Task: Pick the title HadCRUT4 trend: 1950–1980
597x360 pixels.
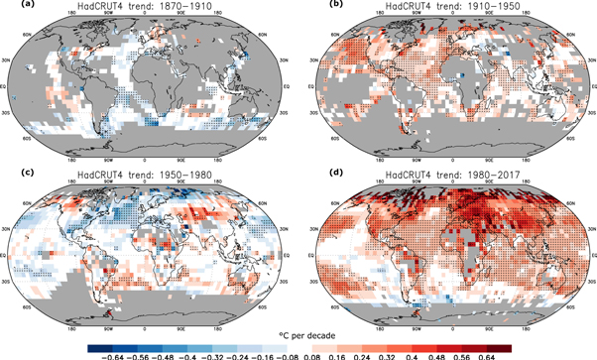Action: coord(146,179)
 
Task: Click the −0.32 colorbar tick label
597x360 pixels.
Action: coord(204,352)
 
